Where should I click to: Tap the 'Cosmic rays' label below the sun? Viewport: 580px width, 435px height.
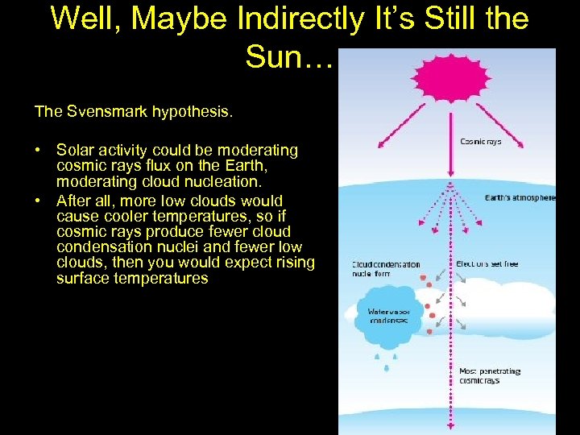click(x=481, y=142)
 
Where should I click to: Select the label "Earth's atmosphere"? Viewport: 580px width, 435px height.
click(x=520, y=197)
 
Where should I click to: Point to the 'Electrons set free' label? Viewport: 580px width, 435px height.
click(x=487, y=264)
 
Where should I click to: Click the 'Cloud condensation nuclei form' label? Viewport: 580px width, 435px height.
click(x=385, y=268)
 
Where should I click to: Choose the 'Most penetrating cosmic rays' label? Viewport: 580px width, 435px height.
click(x=490, y=376)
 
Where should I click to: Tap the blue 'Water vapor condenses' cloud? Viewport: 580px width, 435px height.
click(x=388, y=316)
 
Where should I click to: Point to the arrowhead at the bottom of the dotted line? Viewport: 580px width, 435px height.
click(x=449, y=427)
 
